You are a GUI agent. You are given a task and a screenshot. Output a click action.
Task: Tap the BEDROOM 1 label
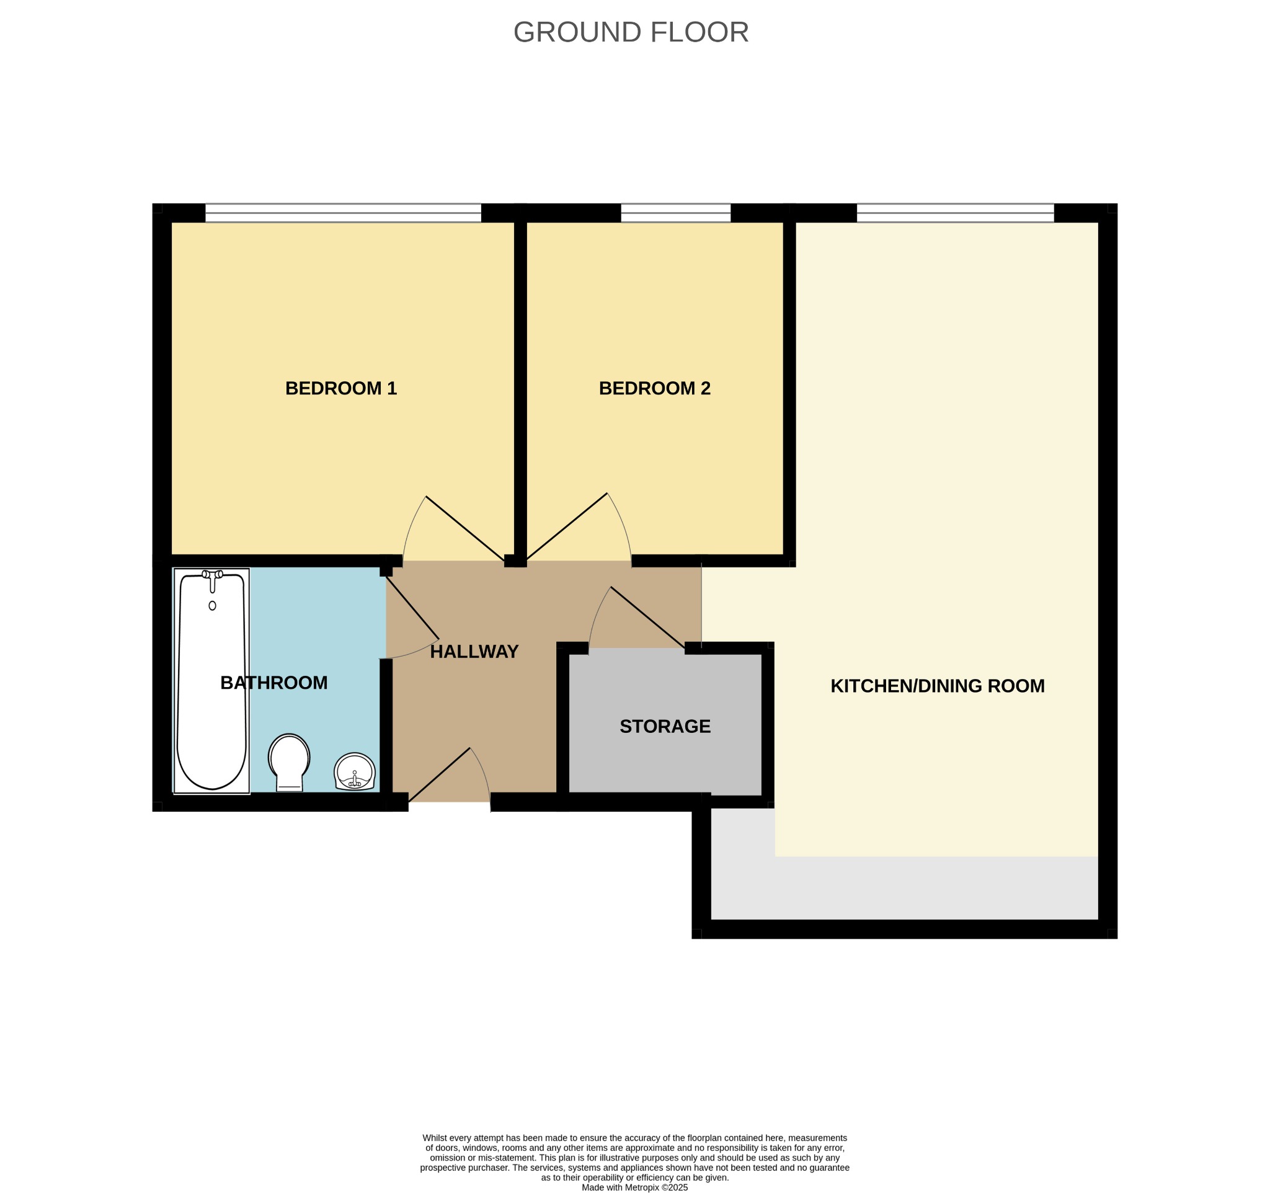[x=341, y=388]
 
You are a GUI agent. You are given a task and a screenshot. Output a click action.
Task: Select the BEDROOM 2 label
[x=655, y=388]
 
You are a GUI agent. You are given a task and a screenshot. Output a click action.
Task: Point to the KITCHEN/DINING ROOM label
[x=937, y=686]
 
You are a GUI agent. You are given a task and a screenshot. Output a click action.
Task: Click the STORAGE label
[x=665, y=726]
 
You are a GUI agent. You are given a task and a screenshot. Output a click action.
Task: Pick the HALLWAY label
[x=474, y=652]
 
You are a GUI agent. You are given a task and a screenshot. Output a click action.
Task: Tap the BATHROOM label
[x=274, y=683]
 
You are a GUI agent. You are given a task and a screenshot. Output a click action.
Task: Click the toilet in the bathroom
[x=290, y=763]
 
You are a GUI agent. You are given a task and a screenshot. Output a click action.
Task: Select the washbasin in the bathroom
[x=355, y=771]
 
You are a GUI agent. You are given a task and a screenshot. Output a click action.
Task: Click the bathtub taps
[x=212, y=575]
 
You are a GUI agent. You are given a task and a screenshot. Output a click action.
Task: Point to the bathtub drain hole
[x=212, y=605]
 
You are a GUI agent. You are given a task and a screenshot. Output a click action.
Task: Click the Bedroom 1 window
[x=343, y=213]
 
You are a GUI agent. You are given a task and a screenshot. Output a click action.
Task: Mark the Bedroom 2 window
[x=676, y=213]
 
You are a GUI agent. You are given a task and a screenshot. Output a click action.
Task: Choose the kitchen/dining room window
[x=955, y=213]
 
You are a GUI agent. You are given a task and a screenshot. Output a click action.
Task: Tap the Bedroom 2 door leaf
[x=566, y=527]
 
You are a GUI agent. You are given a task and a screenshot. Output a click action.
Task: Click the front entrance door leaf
[x=439, y=774]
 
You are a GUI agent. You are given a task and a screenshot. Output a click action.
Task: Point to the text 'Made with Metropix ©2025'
[x=634, y=1187]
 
